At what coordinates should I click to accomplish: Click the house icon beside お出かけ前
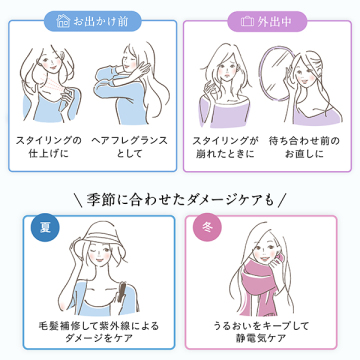tap(63, 21)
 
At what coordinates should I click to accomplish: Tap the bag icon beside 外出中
tap(247, 22)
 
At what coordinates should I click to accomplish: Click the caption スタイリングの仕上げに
tap(49, 147)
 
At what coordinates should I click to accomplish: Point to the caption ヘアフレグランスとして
tap(129, 147)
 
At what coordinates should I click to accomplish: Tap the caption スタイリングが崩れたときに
tap(225, 147)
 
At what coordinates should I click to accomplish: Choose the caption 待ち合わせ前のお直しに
tap(304, 147)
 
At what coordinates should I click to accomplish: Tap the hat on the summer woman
tap(97, 239)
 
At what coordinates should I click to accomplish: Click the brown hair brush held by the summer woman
tap(120, 293)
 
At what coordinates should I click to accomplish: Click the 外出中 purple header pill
tap(267, 22)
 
